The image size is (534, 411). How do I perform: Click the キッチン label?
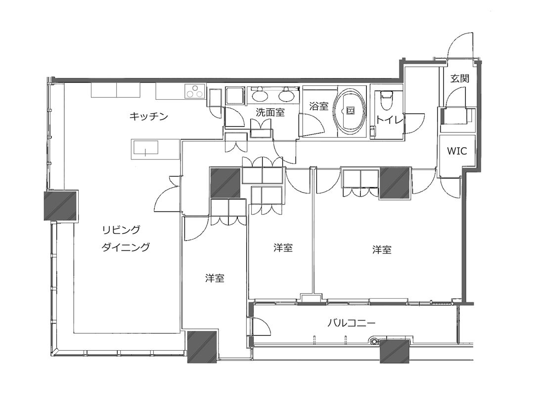(149, 117)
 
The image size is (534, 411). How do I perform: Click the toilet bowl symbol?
(386, 100)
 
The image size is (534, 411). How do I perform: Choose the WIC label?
(457, 151)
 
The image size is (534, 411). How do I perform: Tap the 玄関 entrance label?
(460, 79)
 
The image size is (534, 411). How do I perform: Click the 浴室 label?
(319, 107)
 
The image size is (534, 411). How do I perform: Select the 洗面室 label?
(270, 113)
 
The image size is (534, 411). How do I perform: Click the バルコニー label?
(352, 323)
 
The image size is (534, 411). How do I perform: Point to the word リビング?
(121, 230)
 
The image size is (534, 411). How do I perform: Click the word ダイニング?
(126, 247)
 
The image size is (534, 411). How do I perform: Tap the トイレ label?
(390, 120)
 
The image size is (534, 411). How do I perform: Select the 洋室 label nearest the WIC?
(382, 250)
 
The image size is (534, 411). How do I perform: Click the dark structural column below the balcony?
(395, 351)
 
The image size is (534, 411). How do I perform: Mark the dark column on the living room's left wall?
(61, 205)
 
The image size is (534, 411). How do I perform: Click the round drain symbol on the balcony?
(375, 341)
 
